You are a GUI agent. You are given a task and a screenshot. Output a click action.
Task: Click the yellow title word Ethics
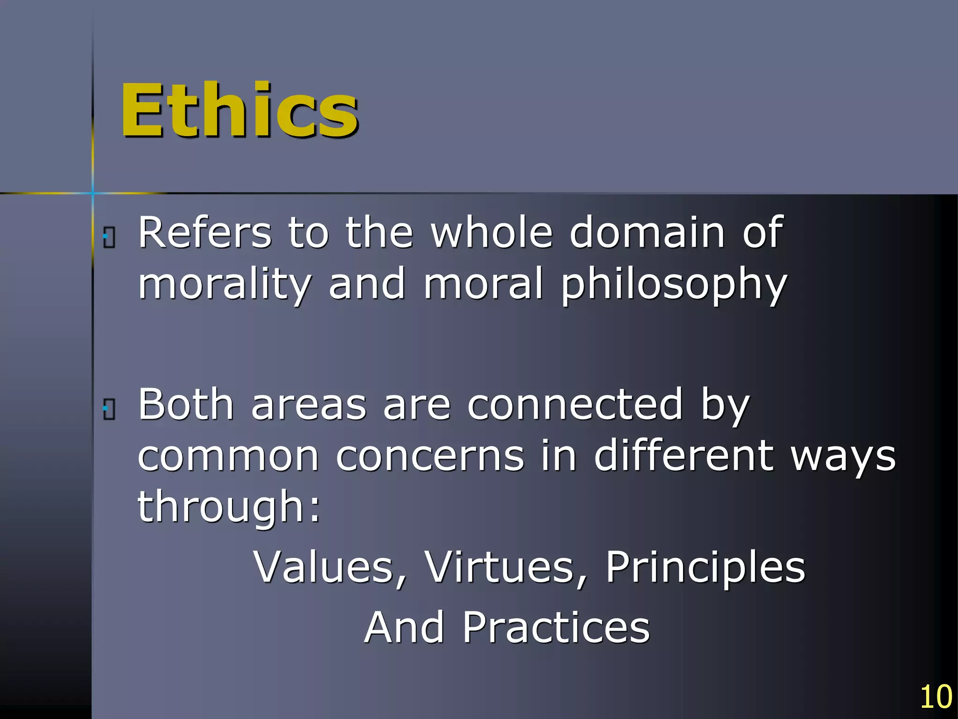pos(239,110)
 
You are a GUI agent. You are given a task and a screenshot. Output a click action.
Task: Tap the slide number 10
pos(936,697)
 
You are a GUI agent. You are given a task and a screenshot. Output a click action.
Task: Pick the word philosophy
pos(674,285)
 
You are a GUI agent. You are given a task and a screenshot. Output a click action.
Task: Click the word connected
pos(575,404)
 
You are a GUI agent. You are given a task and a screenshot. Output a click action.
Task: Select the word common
pos(228,456)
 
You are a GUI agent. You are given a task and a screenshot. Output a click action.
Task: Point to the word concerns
pos(430,456)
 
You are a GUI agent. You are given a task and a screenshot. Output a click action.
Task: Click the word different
pos(683,456)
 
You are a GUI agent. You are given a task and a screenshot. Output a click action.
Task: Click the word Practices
pos(556,627)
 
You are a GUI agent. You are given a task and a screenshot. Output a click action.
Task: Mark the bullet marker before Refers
pos(109,238)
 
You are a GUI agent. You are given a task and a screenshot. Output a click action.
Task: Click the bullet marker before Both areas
pos(109,410)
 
